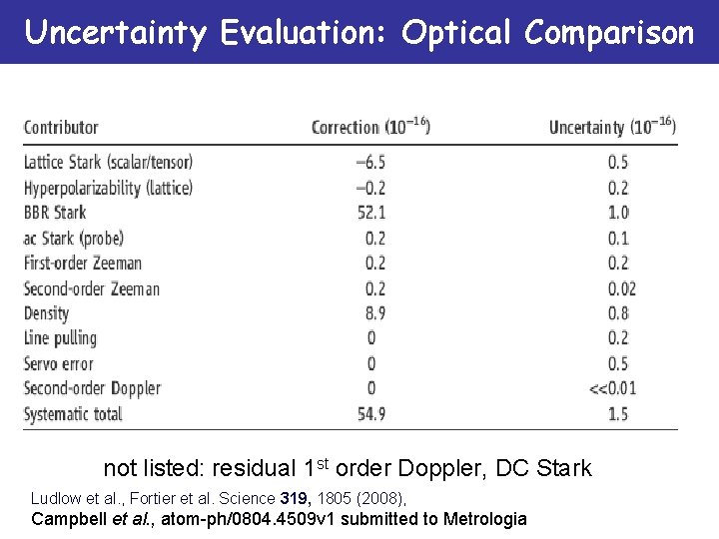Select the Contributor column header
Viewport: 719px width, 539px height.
[61, 128]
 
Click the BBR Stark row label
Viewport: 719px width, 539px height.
[55, 213]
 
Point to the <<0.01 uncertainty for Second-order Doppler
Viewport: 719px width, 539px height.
[612, 388]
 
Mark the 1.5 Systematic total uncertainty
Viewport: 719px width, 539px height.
[618, 413]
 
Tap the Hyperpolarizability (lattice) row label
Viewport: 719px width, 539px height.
[108, 188]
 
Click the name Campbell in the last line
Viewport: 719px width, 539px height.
[67, 519]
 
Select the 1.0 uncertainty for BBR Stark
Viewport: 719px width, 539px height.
[618, 213]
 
